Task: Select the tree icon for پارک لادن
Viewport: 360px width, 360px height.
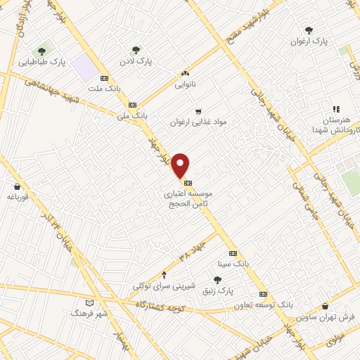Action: pos(136,50)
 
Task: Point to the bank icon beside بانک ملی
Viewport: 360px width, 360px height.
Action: pos(131,104)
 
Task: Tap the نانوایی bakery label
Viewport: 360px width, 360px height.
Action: pos(186,84)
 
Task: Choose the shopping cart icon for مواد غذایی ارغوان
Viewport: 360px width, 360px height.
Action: pos(198,111)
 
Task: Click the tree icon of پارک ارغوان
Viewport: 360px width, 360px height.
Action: pos(309,30)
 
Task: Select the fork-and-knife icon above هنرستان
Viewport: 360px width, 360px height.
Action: pos(336,109)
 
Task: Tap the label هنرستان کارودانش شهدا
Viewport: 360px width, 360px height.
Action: pos(336,125)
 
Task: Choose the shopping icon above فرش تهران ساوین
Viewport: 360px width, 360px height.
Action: pos(325,306)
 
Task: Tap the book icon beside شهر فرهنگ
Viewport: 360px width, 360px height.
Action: pos(89,302)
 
